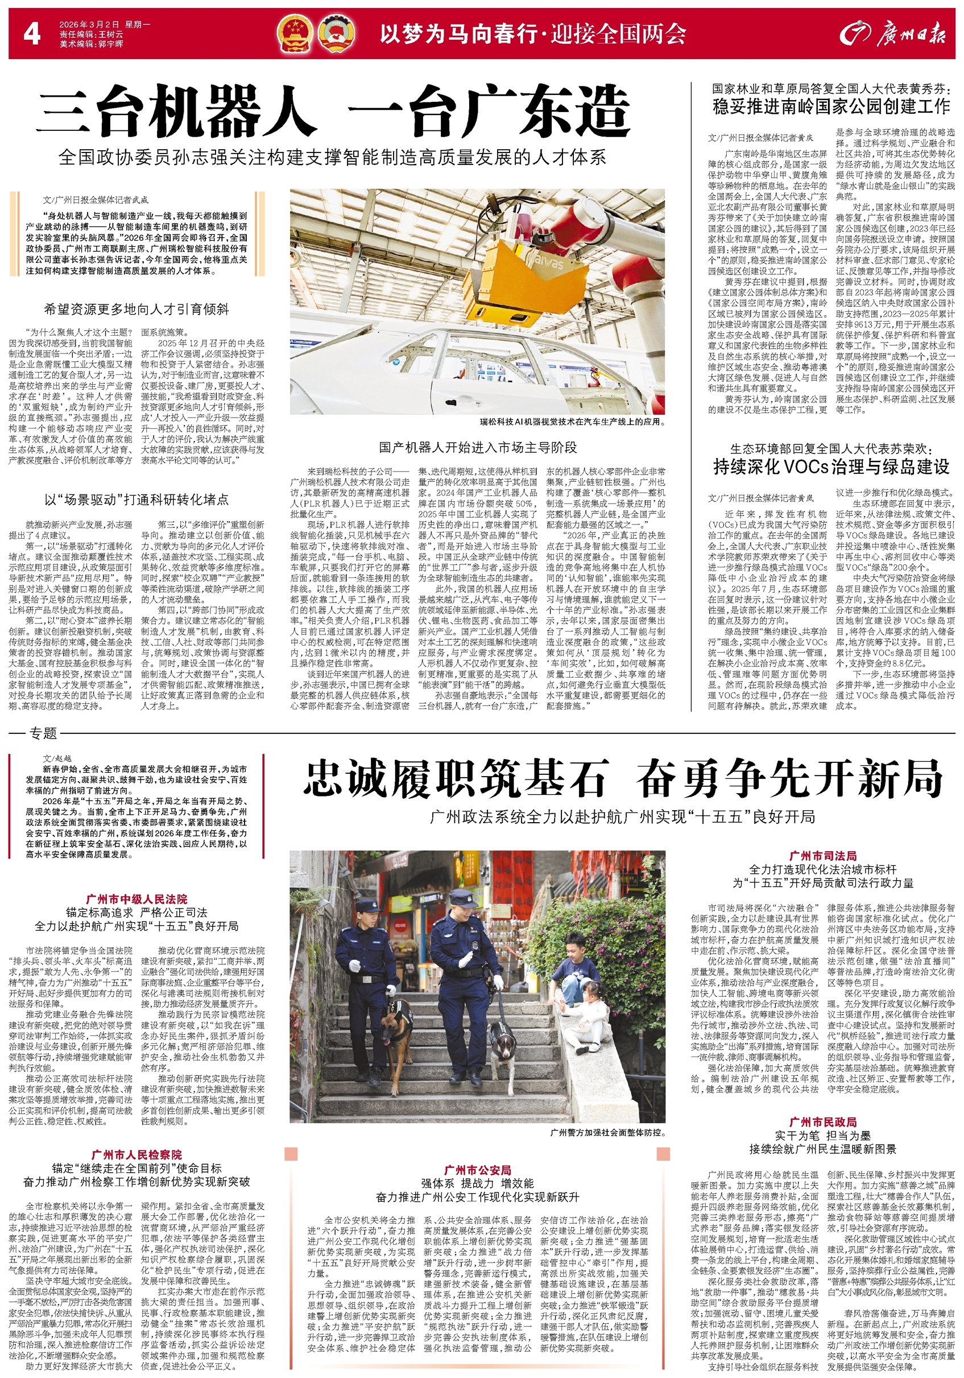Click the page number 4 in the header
31,34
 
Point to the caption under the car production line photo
572,422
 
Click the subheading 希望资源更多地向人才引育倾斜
136,310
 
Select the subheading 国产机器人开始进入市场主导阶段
478,447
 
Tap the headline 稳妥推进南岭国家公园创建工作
831,107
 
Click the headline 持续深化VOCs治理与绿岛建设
831,467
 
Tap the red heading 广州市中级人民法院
136,899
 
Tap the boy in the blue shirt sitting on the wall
573,971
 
